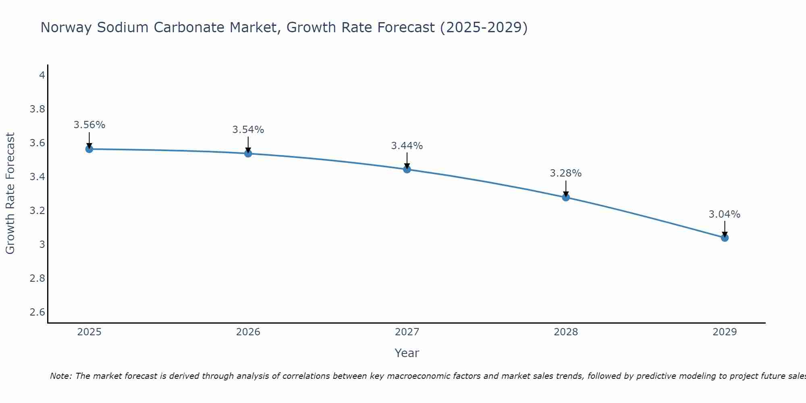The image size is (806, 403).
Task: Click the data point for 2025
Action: [x=89, y=149]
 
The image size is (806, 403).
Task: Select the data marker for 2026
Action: [x=248, y=154]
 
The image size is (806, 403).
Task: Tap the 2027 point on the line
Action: [x=407, y=169]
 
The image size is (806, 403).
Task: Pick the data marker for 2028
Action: [x=566, y=197]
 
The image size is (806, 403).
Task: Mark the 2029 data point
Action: [x=725, y=238]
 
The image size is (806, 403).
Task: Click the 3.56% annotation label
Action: [x=89, y=125]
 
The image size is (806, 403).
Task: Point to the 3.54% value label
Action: [x=248, y=130]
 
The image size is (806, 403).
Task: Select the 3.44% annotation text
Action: [x=407, y=146]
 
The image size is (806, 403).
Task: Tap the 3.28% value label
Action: [x=566, y=173]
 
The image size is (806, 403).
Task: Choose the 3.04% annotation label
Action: [x=725, y=214]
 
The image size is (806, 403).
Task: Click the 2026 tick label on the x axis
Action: [x=248, y=332]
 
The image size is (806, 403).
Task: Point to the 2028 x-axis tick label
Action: [x=566, y=332]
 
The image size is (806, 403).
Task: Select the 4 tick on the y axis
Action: [x=42, y=75]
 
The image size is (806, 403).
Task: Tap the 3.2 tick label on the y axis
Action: [x=37, y=211]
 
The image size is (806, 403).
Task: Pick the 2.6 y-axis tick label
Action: [x=37, y=312]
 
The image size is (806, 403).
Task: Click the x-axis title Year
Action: [x=407, y=353]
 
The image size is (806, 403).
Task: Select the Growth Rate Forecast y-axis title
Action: [x=10, y=193]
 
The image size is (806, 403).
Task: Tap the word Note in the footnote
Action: [x=60, y=376]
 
